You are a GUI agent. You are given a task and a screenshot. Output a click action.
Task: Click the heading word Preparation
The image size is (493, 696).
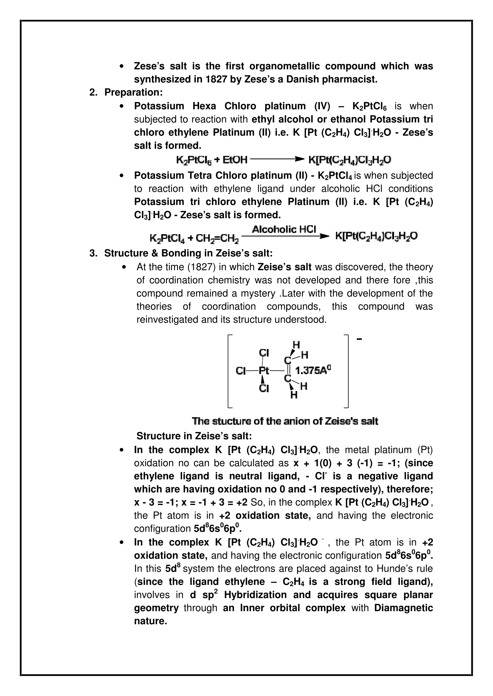[x=133, y=93]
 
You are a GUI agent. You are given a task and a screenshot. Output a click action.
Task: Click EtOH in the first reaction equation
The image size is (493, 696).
[x=235, y=159]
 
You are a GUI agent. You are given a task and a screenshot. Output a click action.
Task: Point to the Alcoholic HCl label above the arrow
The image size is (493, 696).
[x=284, y=229]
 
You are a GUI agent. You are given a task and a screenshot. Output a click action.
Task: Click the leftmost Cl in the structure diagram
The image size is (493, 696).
[x=241, y=371]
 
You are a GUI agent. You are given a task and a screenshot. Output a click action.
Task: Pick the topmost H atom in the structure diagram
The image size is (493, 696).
[x=296, y=345]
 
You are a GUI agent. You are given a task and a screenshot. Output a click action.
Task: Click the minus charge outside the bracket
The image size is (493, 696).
[x=359, y=339]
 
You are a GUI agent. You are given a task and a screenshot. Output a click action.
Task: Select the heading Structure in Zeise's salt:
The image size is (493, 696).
[x=194, y=436]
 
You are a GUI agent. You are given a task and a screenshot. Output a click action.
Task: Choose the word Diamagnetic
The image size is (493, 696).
[x=404, y=608]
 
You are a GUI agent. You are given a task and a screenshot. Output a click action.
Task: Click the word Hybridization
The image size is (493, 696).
[x=255, y=595]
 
